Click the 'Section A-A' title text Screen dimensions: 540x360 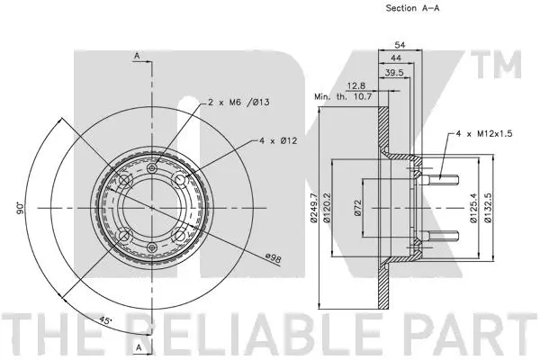pyautogui.click(x=412, y=8)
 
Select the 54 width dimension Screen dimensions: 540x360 pyautogui.click(x=400, y=44)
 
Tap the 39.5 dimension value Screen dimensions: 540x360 pyautogui.click(x=394, y=72)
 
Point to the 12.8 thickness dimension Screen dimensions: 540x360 pyautogui.click(x=356, y=85)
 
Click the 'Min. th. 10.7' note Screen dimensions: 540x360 pyautogui.click(x=343, y=97)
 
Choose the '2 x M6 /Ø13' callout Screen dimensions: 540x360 pyautogui.click(x=238, y=103)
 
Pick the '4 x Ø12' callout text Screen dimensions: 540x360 pyautogui.click(x=278, y=140)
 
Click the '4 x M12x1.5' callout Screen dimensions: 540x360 pyautogui.click(x=484, y=133)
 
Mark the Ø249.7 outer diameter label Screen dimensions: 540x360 pyautogui.click(x=313, y=208)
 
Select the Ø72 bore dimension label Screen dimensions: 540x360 pyautogui.click(x=357, y=208)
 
